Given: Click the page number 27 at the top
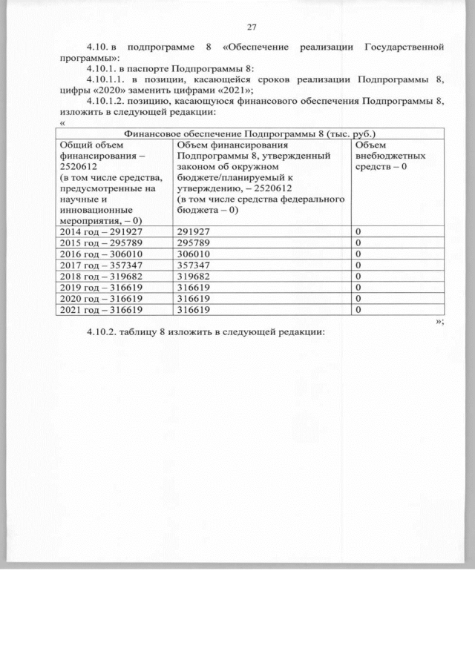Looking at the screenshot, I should click(251, 27).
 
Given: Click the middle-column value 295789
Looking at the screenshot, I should click(194, 242).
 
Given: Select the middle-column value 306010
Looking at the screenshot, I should click(194, 253).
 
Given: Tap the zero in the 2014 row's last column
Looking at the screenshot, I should click(358, 232).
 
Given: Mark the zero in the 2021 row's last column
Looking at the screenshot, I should click(358, 310).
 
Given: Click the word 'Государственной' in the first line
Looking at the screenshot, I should click(404, 47).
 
